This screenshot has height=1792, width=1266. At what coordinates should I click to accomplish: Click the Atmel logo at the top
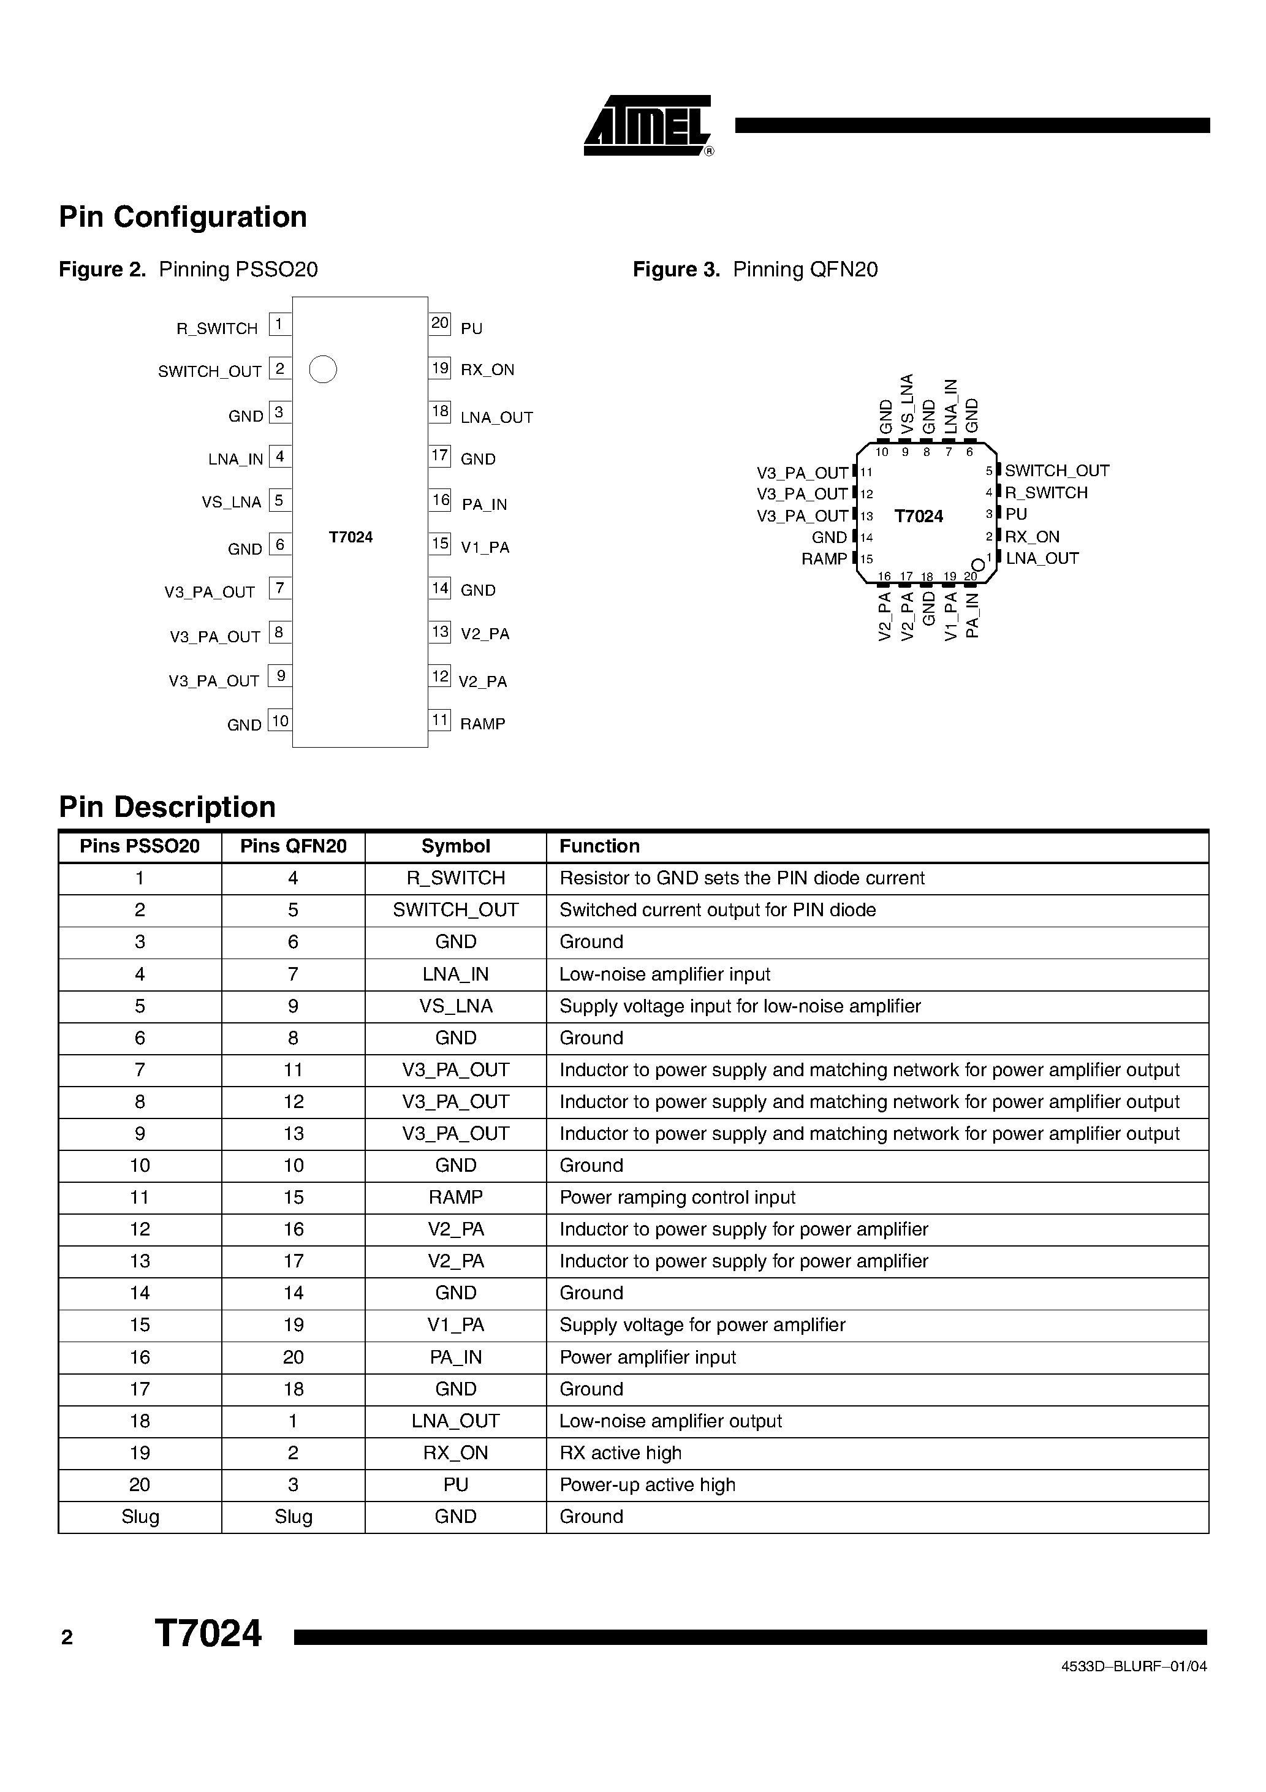[647, 126]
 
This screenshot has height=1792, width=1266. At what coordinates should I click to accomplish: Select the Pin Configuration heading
[183, 217]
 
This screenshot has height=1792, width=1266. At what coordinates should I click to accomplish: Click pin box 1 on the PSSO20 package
[279, 324]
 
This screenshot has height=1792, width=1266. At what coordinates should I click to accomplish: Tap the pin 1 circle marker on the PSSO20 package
[322, 369]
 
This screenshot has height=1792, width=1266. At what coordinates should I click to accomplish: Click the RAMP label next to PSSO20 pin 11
[482, 724]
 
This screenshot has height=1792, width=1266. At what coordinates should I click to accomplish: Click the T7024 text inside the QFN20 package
[919, 517]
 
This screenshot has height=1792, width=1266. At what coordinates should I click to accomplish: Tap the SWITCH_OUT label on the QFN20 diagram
[1057, 471]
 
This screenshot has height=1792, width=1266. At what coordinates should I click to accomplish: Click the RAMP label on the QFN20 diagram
[824, 560]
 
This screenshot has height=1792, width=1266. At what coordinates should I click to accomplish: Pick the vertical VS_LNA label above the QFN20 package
[907, 404]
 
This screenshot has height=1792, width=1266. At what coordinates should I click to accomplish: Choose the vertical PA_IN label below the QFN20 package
[972, 616]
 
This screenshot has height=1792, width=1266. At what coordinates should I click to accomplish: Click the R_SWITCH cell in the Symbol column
[455, 879]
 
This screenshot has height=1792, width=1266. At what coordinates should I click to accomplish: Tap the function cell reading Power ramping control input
[678, 1198]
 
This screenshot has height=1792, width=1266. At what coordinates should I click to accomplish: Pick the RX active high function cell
[621, 1453]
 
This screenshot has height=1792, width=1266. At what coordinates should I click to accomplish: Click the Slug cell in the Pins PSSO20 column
[140, 1517]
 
